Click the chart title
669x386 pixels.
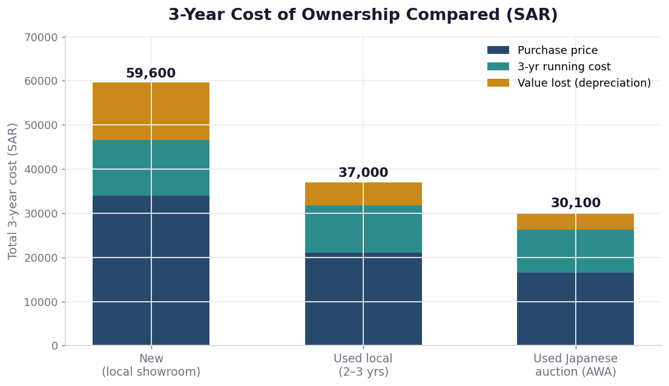(x=363, y=15)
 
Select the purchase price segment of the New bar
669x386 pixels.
(x=151, y=270)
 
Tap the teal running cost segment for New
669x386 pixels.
(x=151, y=168)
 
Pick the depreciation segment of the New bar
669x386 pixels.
(x=151, y=111)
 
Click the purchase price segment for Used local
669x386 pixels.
(x=363, y=299)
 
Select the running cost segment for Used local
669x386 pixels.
(x=363, y=229)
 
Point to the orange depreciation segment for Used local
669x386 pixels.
(x=363, y=195)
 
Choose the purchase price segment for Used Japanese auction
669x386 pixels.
(x=576, y=308)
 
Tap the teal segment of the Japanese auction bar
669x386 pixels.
(x=576, y=251)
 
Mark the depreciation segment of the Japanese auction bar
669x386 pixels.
(x=576, y=222)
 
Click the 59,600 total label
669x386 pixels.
(x=151, y=73)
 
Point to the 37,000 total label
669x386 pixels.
(x=363, y=173)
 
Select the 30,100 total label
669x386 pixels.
(x=576, y=203)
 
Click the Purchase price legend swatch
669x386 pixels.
(x=498, y=50)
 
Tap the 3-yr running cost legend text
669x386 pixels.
(x=564, y=67)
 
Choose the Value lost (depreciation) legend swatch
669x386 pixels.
(x=498, y=83)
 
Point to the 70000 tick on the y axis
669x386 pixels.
(x=41, y=38)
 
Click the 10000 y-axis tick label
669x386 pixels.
(x=41, y=302)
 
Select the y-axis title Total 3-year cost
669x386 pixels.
(x=13, y=191)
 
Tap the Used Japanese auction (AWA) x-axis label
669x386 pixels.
(x=576, y=365)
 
